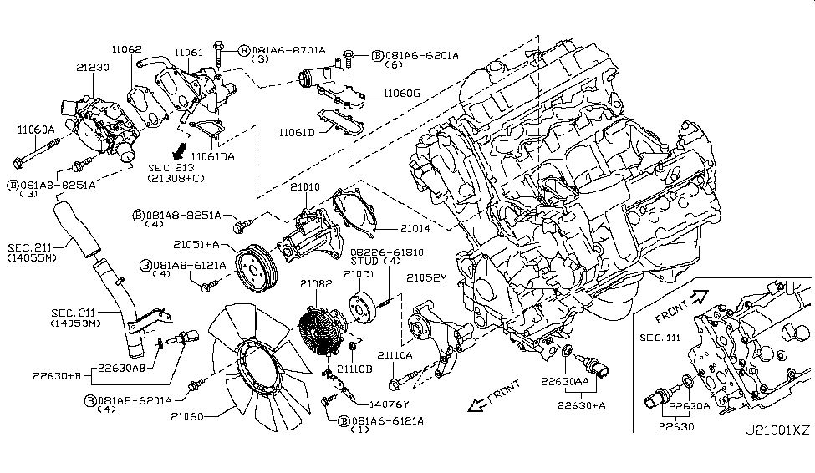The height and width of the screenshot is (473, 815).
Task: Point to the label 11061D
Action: pos(297,133)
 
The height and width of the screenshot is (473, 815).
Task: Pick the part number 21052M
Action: pos(427,278)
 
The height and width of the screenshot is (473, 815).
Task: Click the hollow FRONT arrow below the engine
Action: pos(481,403)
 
